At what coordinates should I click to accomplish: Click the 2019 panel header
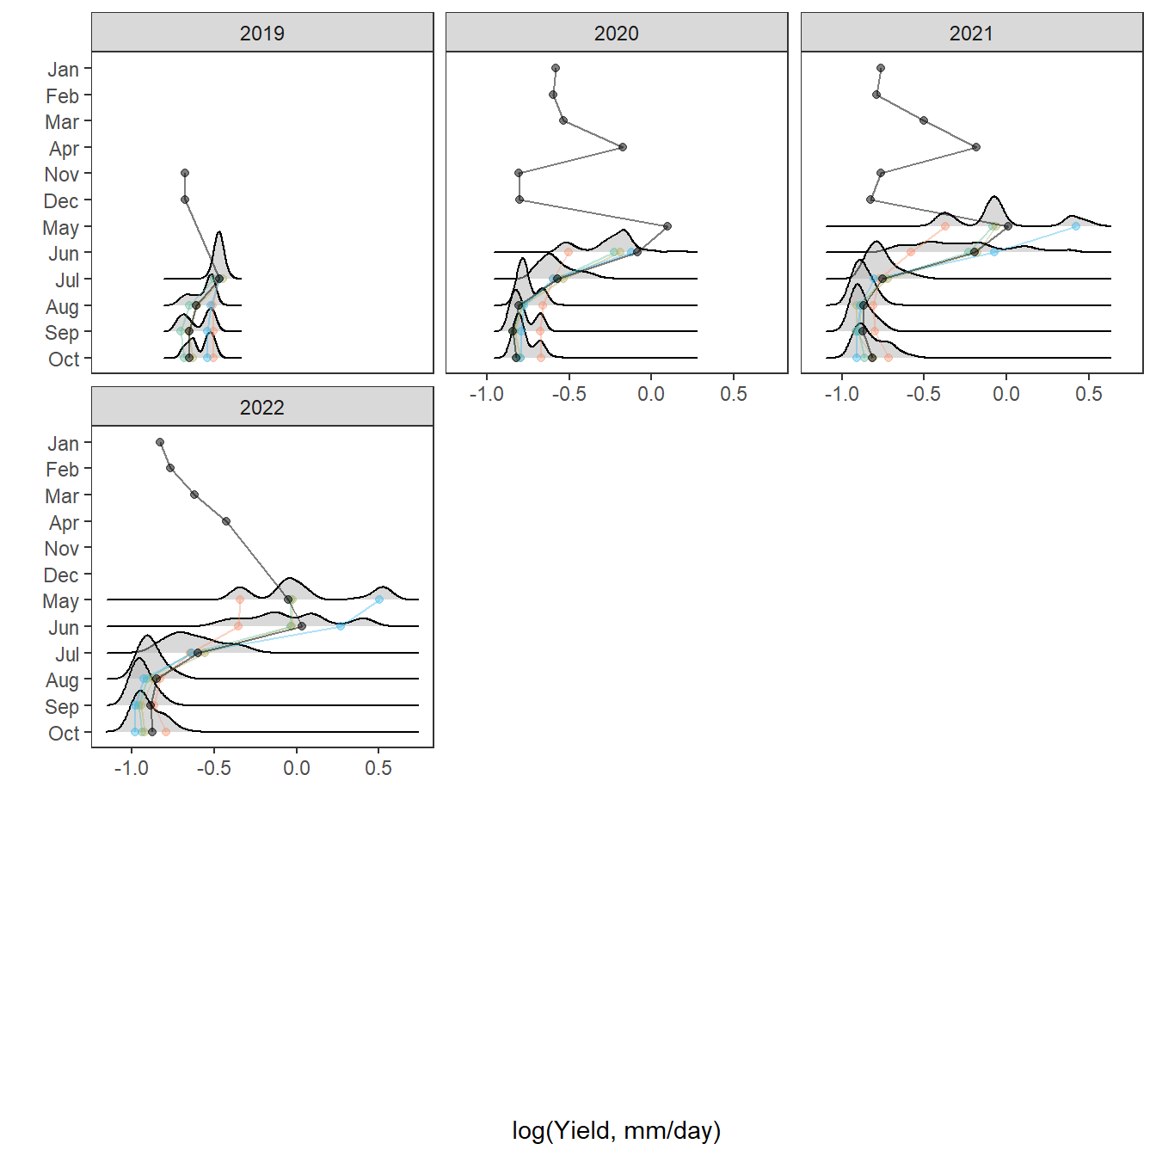tap(262, 34)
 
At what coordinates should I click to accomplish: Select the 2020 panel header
tap(616, 34)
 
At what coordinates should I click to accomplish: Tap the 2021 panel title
tap(971, 34)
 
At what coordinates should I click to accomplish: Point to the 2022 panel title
tap(262, 408)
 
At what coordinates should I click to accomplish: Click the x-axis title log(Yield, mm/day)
tap(616, 1130)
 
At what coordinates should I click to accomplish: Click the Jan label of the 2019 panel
tap(63, 70)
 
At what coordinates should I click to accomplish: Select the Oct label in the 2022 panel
tap(64, 734)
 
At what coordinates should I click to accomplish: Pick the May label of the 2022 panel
tap(61, 601)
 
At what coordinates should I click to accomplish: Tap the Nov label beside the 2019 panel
tap(62, 175)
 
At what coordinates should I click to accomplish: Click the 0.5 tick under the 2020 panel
tap(733, 394)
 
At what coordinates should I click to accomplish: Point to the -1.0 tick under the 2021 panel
tap(841, 394)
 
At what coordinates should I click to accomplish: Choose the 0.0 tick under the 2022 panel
tap(296, 768)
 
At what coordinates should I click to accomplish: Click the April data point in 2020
tap(623, 147)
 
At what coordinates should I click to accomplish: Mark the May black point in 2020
tap(667, 226)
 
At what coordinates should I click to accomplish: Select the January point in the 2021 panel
tap(881, 68)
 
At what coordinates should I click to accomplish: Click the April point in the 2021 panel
tap(976, 147)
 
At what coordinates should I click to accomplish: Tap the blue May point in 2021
tap(1076, 225)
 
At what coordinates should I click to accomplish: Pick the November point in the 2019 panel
tap(185, 173)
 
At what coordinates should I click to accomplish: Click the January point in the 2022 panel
tap(160, 442)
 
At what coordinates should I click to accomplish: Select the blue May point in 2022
tap(379, 600)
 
